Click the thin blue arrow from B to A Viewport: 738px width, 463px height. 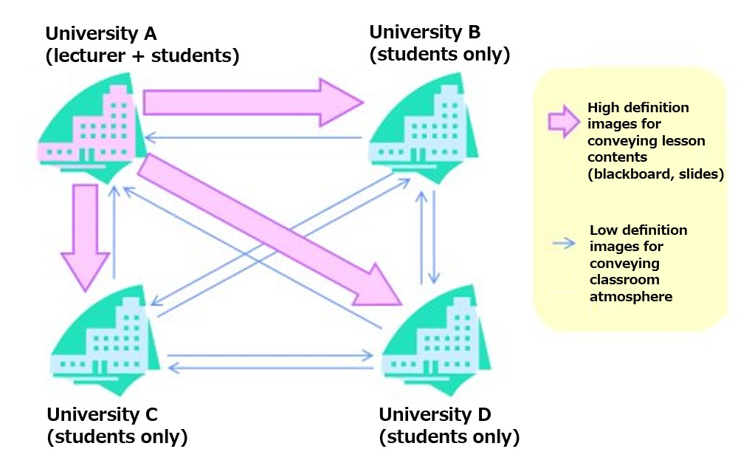pos(251,137)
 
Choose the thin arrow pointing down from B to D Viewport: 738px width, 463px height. pos(435,236)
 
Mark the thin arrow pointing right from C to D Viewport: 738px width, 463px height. pos(270,356)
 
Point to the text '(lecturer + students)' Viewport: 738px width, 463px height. pos(142,56)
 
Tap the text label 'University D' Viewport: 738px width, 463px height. pos(435,414)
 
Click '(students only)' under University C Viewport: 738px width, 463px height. pos(117,437)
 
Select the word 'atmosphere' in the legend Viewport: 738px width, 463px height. pos(631,297)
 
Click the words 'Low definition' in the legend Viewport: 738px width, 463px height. pos(638,230)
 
